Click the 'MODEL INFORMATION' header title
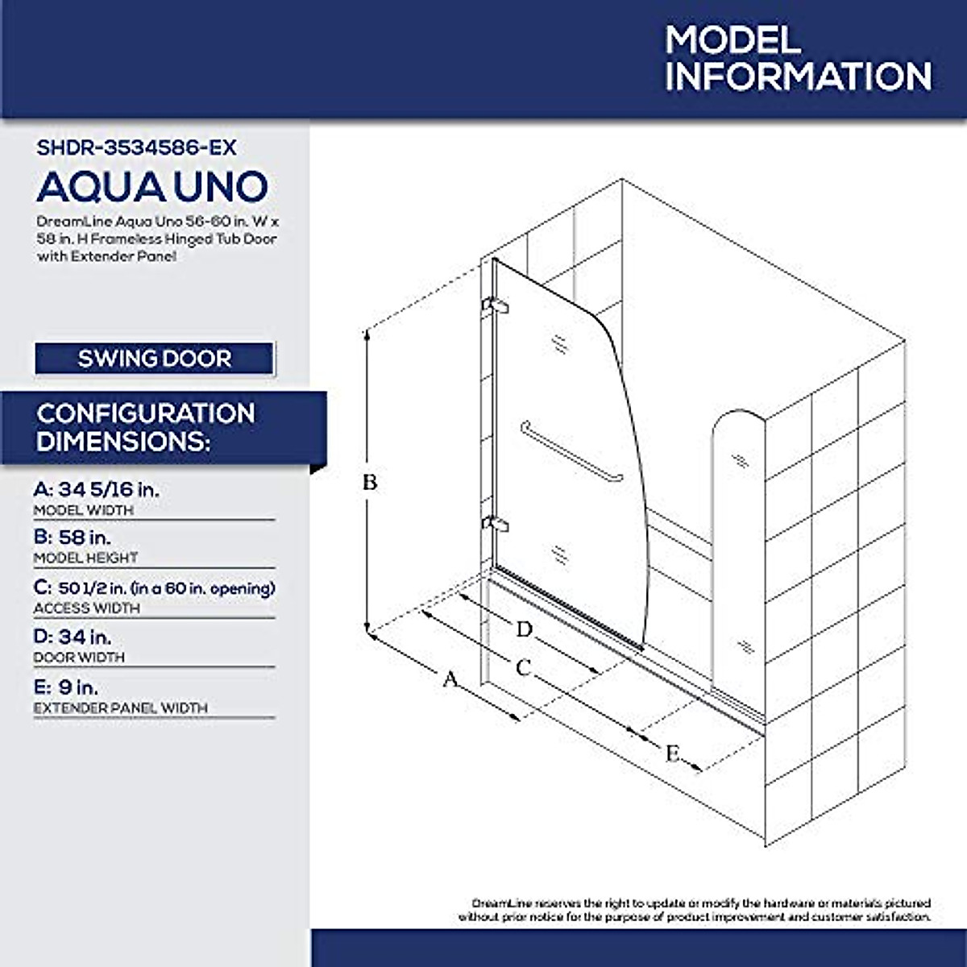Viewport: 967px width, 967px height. click(x=798, y=59)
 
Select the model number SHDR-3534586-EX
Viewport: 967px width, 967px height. click(x=137, y=147)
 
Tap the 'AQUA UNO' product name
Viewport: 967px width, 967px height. click(x=151, y=187)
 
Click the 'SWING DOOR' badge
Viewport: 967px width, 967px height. click(x=154, y=359)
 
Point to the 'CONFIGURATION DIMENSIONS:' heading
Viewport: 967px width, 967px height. click(x=146, y=427)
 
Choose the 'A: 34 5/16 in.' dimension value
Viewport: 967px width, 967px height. click(x=102, y=489)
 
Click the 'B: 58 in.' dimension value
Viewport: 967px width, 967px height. click(x=73, y=537)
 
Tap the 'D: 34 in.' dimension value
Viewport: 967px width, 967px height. click(x=73, y=637)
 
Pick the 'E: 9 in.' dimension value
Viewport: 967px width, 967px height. click(x=66, y=687)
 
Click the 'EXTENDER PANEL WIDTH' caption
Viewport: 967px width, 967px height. click(x=121, y=708)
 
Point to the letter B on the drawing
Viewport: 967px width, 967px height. click(x=369, y=483)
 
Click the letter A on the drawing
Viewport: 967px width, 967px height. click(x=450, y=679)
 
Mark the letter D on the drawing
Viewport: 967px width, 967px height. click(x=525, y=629)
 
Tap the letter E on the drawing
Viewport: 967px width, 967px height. click(x=672, y=754)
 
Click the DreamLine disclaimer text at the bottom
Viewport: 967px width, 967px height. click(x=695, y=910)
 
